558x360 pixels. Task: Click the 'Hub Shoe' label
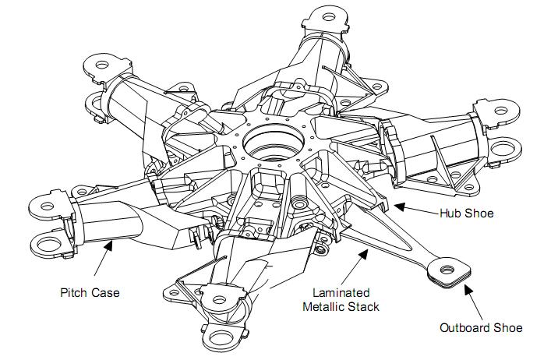(467, 214)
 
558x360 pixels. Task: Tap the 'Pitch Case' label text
(90, 293)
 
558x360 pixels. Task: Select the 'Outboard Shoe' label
(481, 327)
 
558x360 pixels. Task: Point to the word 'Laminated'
(341, 292)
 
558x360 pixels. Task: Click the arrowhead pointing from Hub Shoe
(400, 206)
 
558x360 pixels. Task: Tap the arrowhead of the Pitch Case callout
(108, 245)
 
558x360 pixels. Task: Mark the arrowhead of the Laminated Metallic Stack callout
(364, 254)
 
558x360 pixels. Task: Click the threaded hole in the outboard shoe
(447, 270)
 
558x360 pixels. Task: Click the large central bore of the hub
(274, 143)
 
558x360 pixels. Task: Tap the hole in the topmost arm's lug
(330, 16)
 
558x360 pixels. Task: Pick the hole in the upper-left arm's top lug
(102, 65)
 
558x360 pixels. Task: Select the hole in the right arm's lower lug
(502, 148)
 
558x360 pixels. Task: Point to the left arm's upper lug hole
(47, 206)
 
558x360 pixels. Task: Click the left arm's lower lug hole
(49, 245)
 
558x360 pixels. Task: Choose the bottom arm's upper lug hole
(219, 299)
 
